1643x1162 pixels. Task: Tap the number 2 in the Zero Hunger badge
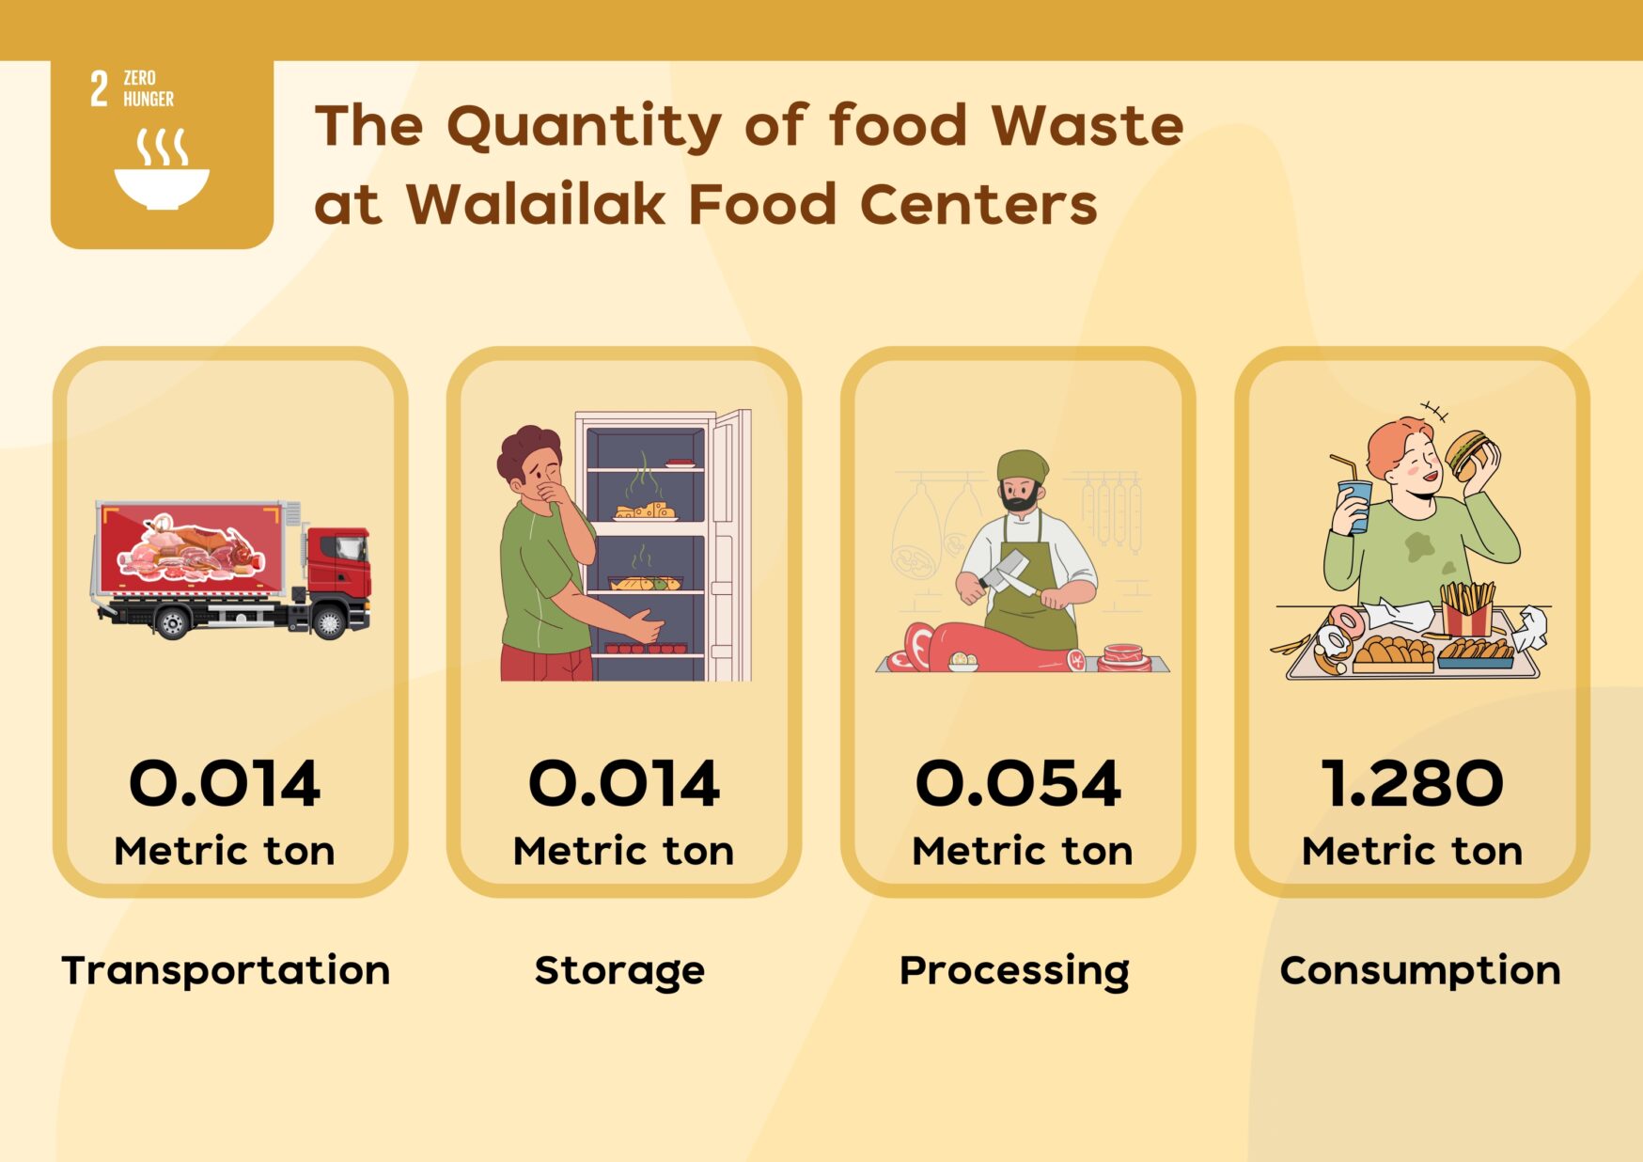click(99, 89)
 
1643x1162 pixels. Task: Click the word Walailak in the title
click(534, 204)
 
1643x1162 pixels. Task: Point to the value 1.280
click(1413, 783)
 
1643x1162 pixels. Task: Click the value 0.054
click(1018, 783)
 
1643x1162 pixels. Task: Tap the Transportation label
click(226, 970)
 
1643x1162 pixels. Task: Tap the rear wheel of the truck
click(172, 622)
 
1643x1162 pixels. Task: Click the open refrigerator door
click(730, 545)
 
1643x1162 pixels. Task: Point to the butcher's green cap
click(1022, 465)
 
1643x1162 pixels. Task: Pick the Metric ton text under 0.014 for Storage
click(623, 851)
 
